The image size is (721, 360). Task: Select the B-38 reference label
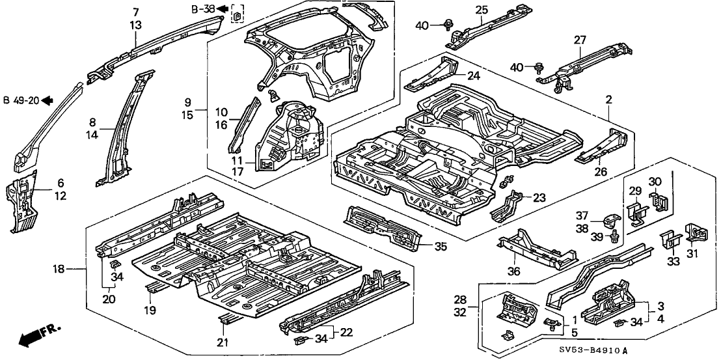coord(202,8)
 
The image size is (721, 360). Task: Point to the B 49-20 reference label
coord(21,100)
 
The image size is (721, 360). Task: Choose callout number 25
coord(482,9)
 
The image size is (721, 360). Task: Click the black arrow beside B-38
coord(222,8)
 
